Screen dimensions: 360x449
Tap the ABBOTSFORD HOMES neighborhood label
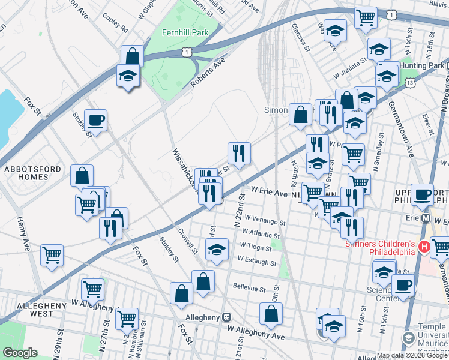[33, 173]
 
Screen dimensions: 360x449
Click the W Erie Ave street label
[270, 193]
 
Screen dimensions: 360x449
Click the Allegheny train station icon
[226, 317]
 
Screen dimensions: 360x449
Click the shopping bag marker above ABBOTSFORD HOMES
[82, 176]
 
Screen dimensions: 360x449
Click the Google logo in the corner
[20, 352]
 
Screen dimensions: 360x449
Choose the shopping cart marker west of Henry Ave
[52, 254]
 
